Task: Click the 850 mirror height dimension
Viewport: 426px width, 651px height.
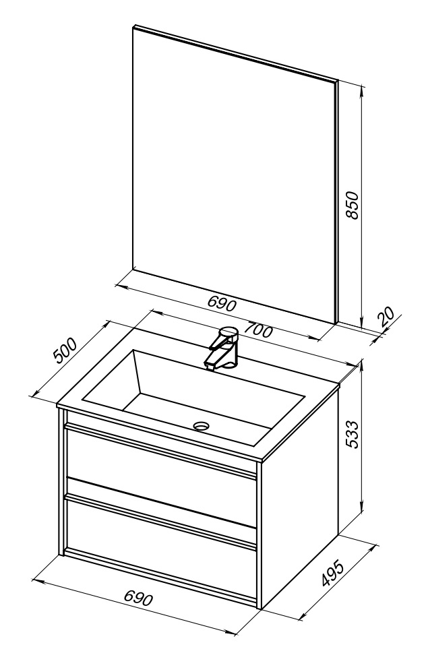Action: pyautogui.click(x=352, y=205)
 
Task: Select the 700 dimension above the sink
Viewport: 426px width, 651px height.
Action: pyautogui.click(x=258, y=330)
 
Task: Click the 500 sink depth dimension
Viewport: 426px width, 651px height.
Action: pyautogui.click(x=65, y=351)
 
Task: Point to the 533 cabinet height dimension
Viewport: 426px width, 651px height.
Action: pyautogui.click(x=351, y=434)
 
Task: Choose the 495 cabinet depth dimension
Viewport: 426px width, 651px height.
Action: pyautogui.click(x=334, y=573)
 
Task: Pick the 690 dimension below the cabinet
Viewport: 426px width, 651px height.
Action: pyautogui.click(x=139, y=598)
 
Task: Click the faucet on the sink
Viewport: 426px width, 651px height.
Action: pyautogui.click(x=222, y=347)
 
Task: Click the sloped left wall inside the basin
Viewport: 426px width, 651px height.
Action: pyautogui.click(x=112, y=378)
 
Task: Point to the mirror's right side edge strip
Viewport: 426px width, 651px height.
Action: pyautogui.click(x=337, y=201)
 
